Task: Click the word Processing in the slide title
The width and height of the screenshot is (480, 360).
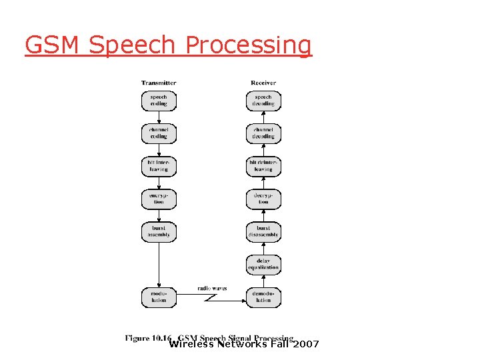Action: pos(249,45)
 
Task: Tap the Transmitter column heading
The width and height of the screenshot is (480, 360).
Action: pos(159,83)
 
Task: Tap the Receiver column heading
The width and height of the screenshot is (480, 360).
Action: pos(263,83)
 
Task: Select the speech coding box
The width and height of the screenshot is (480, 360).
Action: pos(159,100)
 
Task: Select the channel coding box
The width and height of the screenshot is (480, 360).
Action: pos(159,133)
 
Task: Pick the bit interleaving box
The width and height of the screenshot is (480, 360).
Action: pos(159,165)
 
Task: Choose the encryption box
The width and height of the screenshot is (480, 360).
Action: pos(159,198)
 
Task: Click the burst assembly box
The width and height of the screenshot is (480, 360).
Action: pos(159,231)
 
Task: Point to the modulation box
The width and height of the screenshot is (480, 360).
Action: pos(159,297)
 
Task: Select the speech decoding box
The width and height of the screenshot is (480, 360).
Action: pos(263,100)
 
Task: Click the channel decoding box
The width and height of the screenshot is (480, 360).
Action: pos(263,133)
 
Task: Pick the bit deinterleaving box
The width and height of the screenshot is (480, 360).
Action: pos(263,165)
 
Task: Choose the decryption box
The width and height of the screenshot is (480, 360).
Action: pos(263,198)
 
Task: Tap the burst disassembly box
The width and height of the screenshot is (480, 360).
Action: pos(263,231)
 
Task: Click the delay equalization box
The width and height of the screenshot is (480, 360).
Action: pos(263,264)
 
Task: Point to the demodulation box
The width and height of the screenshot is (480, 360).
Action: pos(263,297)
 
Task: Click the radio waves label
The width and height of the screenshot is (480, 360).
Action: pos(212,289)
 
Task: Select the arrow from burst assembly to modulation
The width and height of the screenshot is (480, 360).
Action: pos(159,264)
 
